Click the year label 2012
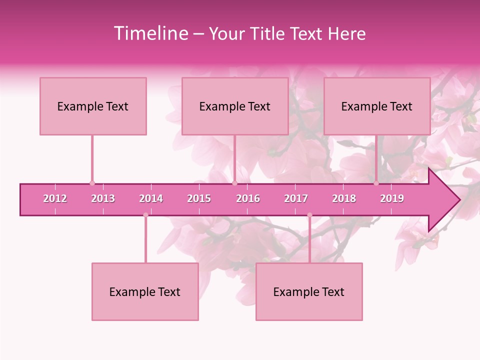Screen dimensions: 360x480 (x=55, y=198)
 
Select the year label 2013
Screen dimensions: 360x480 (x=103, y=198)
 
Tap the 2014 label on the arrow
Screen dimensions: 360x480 (x=151, y=198)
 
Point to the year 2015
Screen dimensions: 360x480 (x=199, y=198)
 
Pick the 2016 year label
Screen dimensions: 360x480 (x=248, y=198)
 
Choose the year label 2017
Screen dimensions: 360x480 (x=296, y=198)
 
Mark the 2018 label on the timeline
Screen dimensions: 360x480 (x=344, y=198)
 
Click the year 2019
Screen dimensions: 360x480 (x=392, y=198)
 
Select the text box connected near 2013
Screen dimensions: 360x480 (x=93, y=106)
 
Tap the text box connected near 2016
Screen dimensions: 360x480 (x=235, y=106)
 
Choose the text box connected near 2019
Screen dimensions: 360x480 (x=377, y=106)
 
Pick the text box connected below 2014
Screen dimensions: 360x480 (x=145, y=291)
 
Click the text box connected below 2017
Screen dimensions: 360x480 (x=309, y=291)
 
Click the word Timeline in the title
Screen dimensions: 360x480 (x=150, y=33)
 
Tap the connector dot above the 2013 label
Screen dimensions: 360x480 (x=92, y=183)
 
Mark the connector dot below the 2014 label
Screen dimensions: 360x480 (x=145, y=215)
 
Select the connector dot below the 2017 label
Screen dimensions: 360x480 (x=309, y=215)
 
